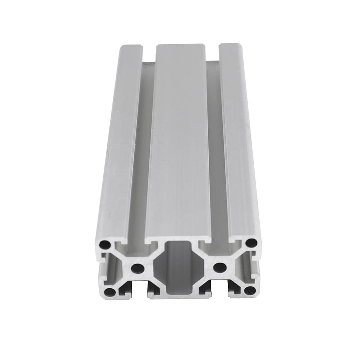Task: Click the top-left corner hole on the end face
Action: [105, 245]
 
